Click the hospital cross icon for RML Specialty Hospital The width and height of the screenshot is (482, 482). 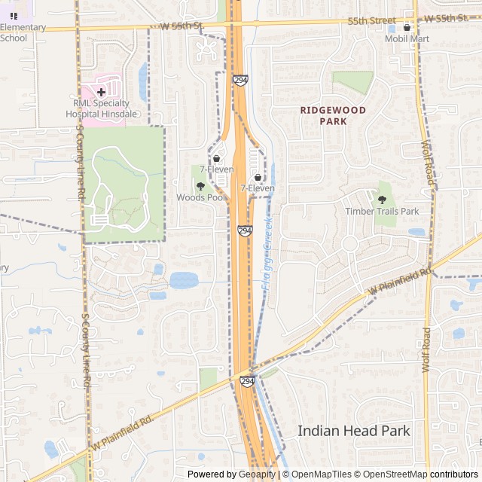coord(101,92)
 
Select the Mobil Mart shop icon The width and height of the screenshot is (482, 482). coord(407,27)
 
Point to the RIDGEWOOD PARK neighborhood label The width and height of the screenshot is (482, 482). coord(333,115)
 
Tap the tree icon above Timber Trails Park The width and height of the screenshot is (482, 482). coord(382,200)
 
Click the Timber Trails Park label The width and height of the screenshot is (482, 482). coord(382,212)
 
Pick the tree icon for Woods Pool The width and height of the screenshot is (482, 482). coord(200,186)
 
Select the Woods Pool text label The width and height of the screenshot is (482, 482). coord(201,197)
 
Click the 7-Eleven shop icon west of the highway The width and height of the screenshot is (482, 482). coord(217,159)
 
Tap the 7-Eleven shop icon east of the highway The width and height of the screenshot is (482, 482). coord(258,177)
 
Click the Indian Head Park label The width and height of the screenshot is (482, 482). coord(354,431)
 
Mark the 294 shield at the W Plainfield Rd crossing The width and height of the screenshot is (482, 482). coord(247,382)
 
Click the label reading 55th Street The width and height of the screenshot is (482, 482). coord(371,20)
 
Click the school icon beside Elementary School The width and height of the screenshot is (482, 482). coord(14,15)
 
